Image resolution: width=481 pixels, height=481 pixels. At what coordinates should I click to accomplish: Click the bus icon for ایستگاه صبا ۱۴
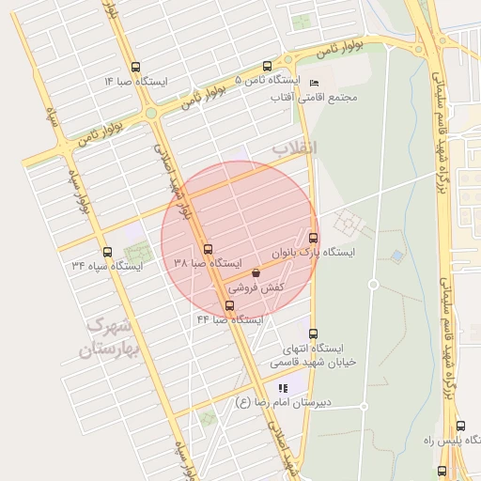coord(136,68)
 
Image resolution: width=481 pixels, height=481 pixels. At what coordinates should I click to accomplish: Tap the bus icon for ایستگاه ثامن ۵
coord(268,67)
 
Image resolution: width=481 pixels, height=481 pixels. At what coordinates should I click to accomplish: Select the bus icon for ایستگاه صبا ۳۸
coord(208,249)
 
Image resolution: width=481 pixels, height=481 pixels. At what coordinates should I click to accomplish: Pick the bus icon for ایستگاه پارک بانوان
coord(313,238)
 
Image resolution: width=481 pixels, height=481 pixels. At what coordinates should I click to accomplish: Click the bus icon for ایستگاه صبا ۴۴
coord(230,305)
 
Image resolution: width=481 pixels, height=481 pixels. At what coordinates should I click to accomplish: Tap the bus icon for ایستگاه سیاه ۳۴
coord(106,252)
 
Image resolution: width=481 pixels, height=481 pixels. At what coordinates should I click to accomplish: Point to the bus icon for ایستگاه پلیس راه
coord(442,471)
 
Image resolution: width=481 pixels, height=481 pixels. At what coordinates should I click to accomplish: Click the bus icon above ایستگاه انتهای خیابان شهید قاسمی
coord(313,334)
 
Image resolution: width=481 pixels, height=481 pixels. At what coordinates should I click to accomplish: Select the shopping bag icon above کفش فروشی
coord(256,273)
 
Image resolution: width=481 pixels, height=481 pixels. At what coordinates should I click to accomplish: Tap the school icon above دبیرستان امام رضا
coord(282,389)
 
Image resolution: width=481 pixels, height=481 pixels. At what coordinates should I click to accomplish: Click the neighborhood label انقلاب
coord(294,148)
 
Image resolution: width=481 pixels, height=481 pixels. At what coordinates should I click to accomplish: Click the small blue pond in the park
coord(397,255)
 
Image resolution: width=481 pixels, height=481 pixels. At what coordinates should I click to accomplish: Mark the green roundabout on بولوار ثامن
coord(150,114)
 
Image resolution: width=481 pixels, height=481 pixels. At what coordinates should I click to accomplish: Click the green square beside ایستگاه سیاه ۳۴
coord(138,252)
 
